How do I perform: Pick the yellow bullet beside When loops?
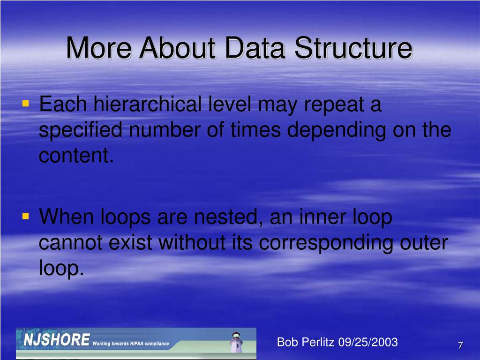(26, 217)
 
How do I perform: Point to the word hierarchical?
(148, 104)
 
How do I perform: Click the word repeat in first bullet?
(334, 105)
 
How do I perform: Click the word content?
(76, 156)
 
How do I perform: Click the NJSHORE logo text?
(57, 340)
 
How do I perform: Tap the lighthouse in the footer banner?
(236, 342)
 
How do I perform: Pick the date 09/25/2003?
(367, 342)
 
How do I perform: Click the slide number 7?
(460, 345)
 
